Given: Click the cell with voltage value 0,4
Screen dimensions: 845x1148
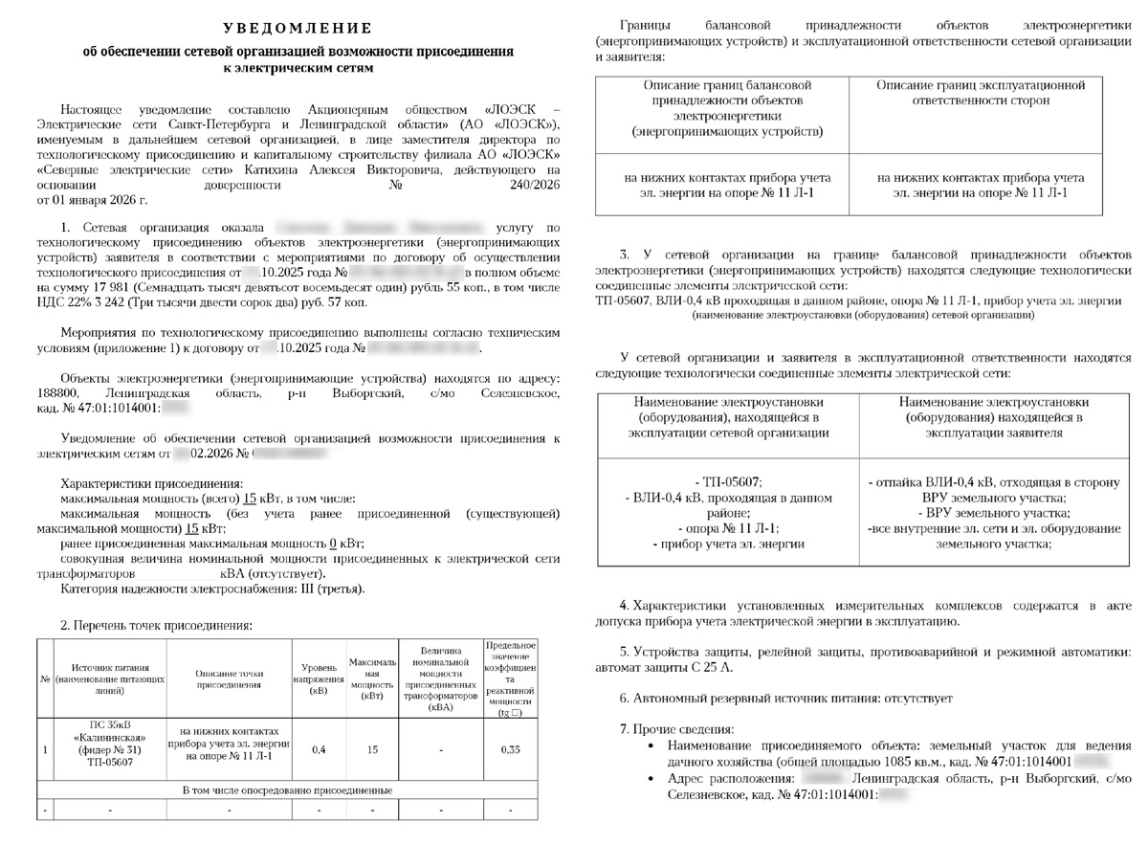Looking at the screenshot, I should [x=319, y=749].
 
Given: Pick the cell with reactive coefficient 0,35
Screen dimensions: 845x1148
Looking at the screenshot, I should [x=510, y=749].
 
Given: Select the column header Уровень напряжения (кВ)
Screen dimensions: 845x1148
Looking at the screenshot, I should [x=319, y=678].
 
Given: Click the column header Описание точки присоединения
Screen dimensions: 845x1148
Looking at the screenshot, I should [x=229, y=678].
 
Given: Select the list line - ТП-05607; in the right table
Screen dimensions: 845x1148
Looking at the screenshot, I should [x=729, y=481].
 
